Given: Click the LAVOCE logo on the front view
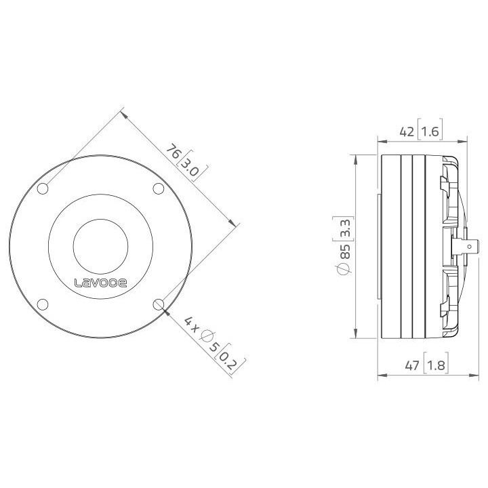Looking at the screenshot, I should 100,283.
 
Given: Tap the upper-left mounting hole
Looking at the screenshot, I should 43,188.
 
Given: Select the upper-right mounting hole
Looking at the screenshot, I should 158,188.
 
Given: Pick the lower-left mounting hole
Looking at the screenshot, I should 43,304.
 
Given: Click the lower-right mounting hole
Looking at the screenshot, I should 159,304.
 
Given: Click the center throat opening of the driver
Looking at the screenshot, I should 100,245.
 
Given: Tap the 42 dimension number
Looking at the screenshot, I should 407,132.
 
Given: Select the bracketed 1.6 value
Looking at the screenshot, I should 430,132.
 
